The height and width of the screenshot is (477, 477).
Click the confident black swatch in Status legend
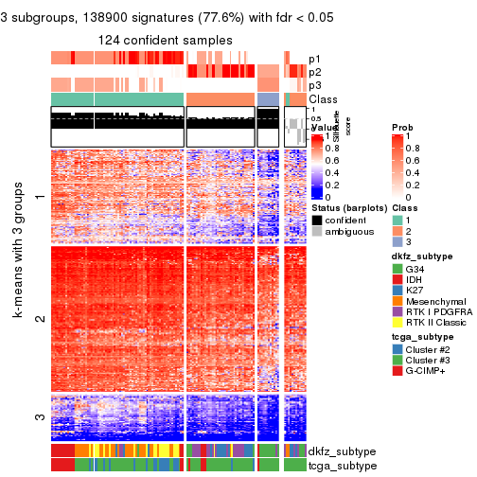click(x=317, y=221)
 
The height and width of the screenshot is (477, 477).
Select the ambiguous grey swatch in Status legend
click(x=317, y=233)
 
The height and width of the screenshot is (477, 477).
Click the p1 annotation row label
click(x=315, y=59)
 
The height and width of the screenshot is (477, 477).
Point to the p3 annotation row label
click(x=315, y=85)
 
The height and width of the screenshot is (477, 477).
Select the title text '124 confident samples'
click(x=166, y=40)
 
